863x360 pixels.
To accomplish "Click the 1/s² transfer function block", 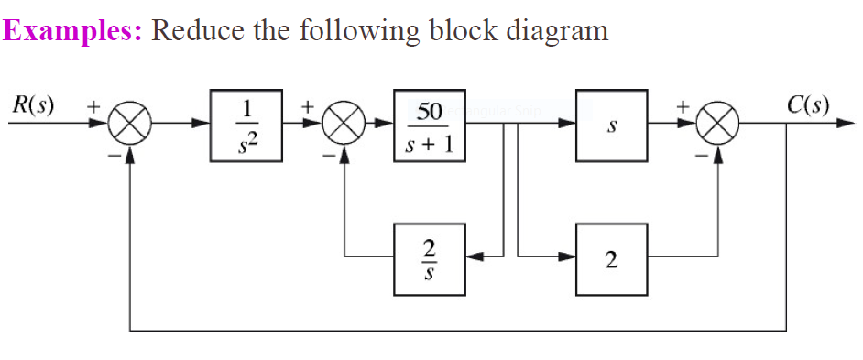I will [246, 126].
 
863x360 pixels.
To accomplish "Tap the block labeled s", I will [612, 126].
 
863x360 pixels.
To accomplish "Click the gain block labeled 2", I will [612, 258].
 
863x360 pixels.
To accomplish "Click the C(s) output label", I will [807, 103].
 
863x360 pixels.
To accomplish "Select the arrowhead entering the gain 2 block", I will [568, 258].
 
